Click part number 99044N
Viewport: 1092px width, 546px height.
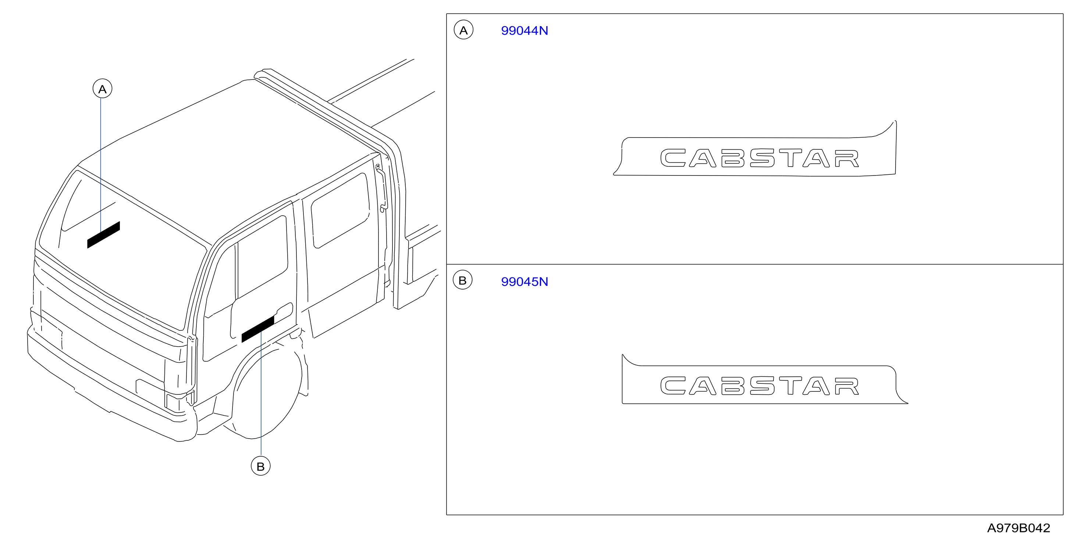pyautogui.click(x=524, y=31)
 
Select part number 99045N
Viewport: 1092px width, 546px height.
pyautogui.click(x=524, y=281)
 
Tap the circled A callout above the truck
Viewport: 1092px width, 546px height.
pyautogui.click(x=103, y=89)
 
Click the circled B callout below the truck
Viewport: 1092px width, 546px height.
pyautogui.click(x=261, y=466)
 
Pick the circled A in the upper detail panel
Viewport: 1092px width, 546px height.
pyautogui.click(x=464, y=30)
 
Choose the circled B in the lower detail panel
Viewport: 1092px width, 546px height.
pyautogui.click(x=462, y=280)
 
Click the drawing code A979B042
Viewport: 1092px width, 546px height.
pyautogui.click(x=1019, y=528)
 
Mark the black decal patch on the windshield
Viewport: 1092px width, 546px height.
pyautogui.click(x=103, y=234)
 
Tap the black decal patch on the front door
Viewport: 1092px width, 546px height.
pyautogui.click(x=258, y=329)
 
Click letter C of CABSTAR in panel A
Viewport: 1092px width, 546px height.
pyautogui.click(x=673, y=158)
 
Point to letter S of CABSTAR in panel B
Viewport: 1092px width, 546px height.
pyautogui.click(x=762, y=386)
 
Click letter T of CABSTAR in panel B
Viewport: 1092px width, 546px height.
pyautogui.click(x=790, y=386)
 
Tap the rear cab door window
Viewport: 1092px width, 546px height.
pyautogui.click(x=340, y=211)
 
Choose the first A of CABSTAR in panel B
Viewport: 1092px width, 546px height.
pyautogui.click(x=702, y=386)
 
